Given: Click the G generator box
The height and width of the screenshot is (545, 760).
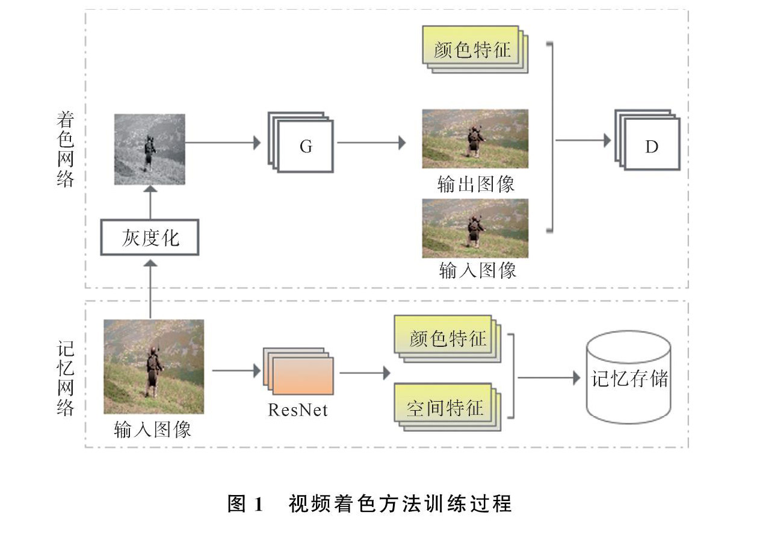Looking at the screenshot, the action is coord(301,142).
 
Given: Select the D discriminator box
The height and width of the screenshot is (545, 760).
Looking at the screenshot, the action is coord(647,140).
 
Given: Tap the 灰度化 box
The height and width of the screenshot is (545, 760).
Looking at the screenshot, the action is coord(150,237).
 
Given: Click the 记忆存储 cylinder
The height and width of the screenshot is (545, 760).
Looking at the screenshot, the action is coord(629,377).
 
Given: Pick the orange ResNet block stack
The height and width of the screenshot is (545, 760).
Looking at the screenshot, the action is coord(298,371).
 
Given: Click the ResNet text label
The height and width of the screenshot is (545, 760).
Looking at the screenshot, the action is coord(297,410).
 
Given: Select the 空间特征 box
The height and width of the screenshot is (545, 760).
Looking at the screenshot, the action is coord(448,407).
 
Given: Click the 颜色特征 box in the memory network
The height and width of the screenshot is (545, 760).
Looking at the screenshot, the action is coord(448,339).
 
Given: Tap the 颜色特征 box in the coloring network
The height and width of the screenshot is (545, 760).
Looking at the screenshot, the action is coord(475,49).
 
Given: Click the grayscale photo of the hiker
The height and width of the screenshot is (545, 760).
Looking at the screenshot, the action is coord(150,149).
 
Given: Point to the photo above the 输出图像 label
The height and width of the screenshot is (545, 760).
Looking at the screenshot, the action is coord(475,139).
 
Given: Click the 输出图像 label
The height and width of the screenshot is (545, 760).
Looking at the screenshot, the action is coord(476,184).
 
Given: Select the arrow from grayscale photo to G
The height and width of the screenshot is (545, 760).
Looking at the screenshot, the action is coord(223,142).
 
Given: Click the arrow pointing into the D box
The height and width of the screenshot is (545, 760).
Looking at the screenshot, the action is coord(583,140).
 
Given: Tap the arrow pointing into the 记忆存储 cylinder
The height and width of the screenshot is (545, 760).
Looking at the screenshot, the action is coord(549,378).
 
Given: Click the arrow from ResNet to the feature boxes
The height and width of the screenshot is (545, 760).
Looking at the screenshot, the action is coord(365,373).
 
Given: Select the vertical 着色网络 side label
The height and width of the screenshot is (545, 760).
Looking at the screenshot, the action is coord(65,149).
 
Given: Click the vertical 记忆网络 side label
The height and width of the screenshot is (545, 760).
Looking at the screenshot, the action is coord(65,378).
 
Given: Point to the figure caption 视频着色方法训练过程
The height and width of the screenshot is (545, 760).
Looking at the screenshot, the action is coord(400,503).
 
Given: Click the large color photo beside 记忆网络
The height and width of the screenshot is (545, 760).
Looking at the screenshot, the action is coord(153,367).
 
